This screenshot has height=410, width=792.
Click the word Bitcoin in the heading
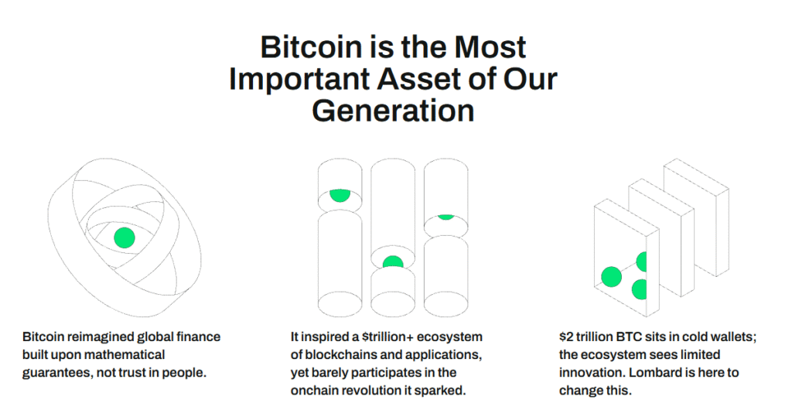pyautogui.click(x=311, y=46)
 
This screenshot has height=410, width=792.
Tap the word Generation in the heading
pyautogui.click(x=393, y=110)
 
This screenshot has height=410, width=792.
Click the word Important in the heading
pyautogui.click(x=299, y=79)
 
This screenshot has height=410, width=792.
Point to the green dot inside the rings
pyautogui.click(x=125, y=237)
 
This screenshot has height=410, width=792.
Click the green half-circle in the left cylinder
pyautogui.click(x=340, y=196)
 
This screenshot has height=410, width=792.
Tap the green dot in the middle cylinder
pyautogui.click(x=393, y=262)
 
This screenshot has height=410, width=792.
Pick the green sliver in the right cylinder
pyautogui.click(x=445, y=217)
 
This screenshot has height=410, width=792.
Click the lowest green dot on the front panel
pyautogui.click(x=640, y=290)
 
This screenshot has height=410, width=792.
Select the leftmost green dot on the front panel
pyautogui.click(x=611, y=277)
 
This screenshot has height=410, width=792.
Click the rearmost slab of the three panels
pyautogui.click(x=697, y=217)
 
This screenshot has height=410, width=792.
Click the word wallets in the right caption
pyautogui.click(x=732, y=337)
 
